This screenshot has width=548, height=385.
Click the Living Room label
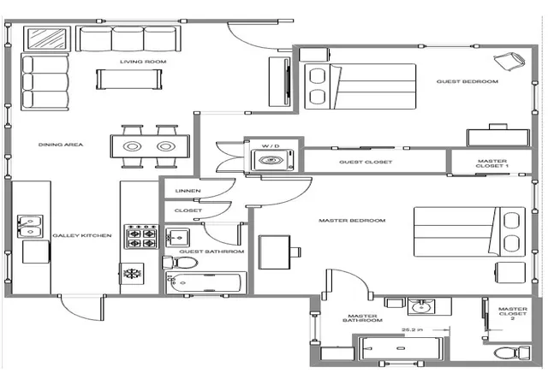pos(143,62)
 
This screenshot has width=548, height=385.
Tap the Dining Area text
pos(61,145)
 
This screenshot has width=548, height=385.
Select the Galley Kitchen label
pos(82,235)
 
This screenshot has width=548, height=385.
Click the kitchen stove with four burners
pos(141,237)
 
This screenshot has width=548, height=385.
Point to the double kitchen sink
pos(30,227)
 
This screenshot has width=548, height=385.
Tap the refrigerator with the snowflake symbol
pos(132,274)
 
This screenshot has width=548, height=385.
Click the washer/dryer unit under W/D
pos(272,160)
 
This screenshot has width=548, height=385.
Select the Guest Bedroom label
pos(468,82)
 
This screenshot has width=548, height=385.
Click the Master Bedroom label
pos(352,221)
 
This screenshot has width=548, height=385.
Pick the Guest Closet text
pos(366,162)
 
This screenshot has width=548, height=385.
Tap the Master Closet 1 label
pos(492,163)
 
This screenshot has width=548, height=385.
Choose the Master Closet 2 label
pos(513,313)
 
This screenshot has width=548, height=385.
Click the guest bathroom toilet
pos(180,263)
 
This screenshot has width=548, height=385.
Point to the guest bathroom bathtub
pos(205,282)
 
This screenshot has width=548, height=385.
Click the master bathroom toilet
pos(512,352)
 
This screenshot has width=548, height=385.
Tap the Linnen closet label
pos(188,191)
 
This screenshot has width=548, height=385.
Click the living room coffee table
pos(129,80)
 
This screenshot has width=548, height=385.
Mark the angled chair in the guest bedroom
pos(509,62)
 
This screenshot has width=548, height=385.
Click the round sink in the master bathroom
pos(422,307)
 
